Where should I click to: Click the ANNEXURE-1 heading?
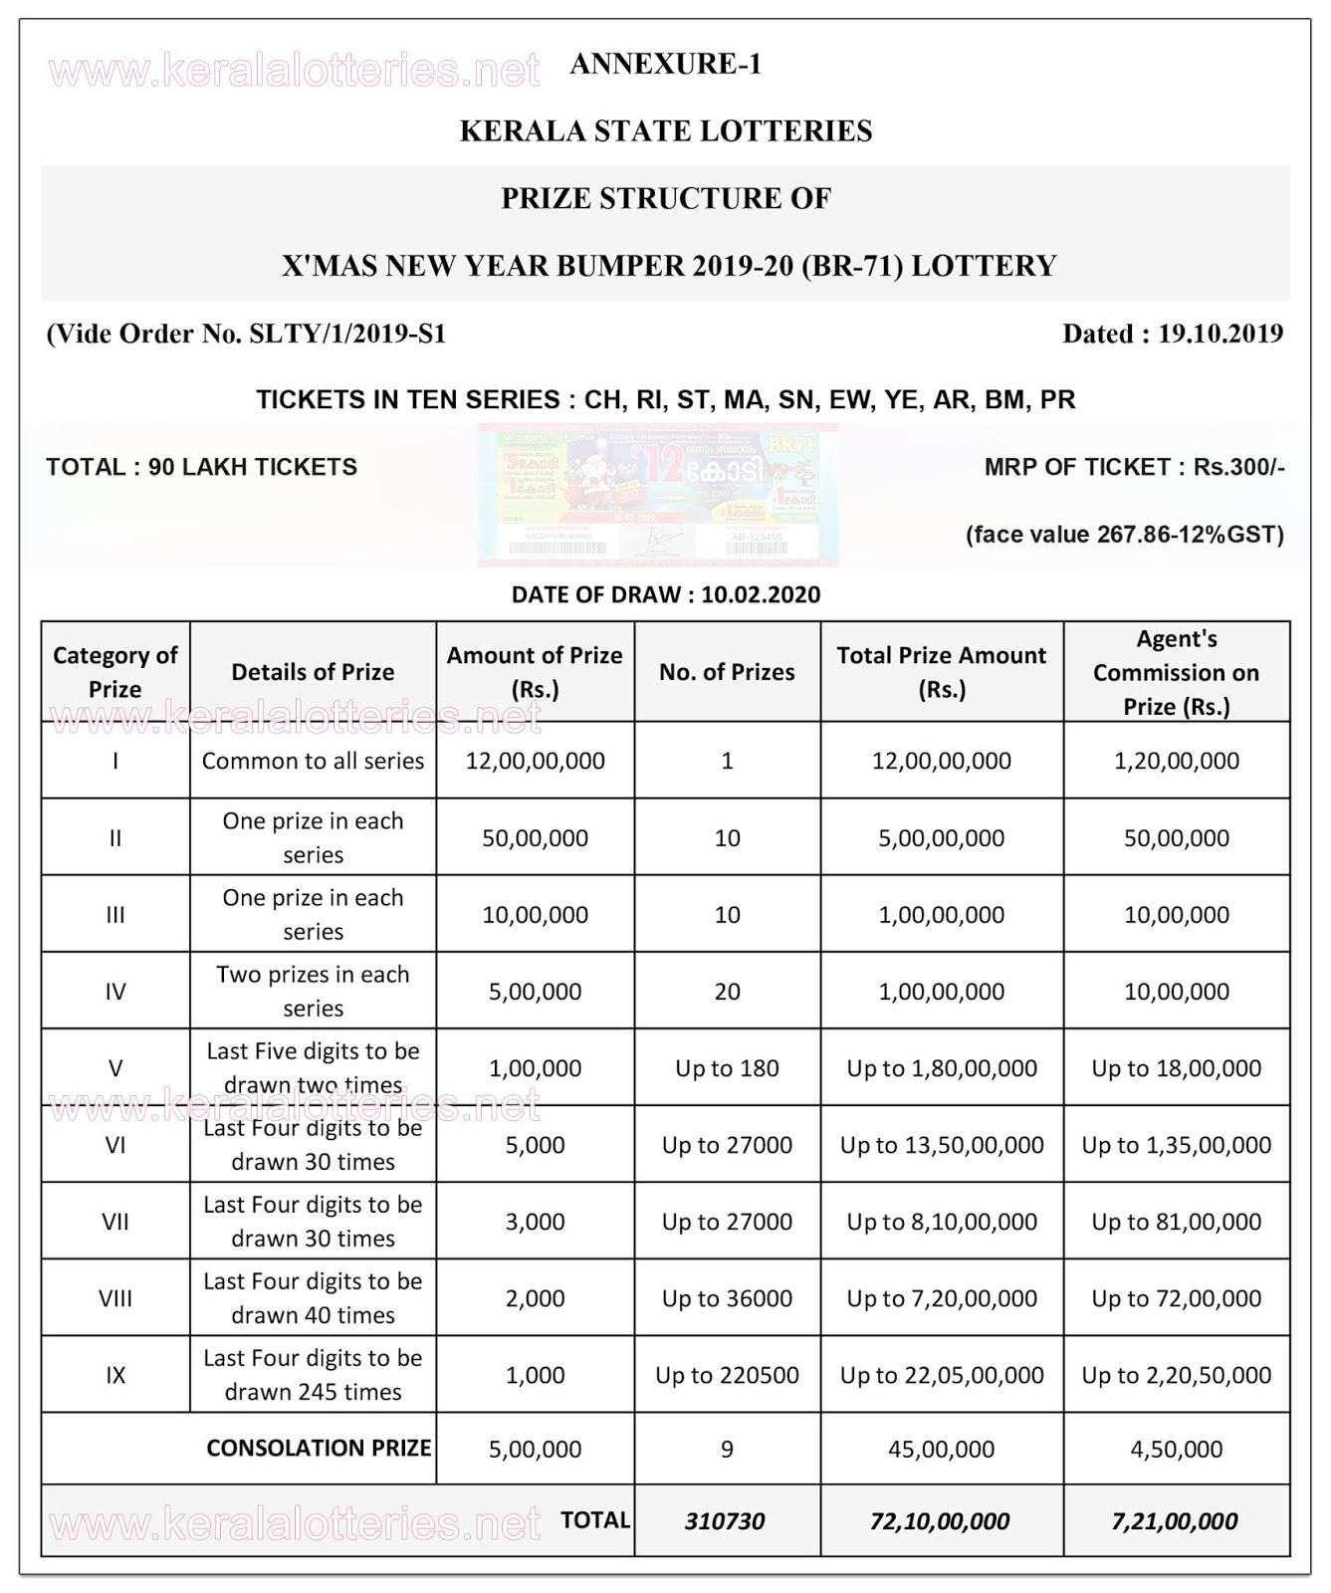(x=665, y=64)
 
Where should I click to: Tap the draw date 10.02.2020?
(x=761, y=594)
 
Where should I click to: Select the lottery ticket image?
(x=657, y=495)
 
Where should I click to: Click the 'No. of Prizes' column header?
(x=727, y=672)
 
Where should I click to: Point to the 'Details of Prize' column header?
(x=313, y=672)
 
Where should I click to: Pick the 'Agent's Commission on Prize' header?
(x=1176, y=672)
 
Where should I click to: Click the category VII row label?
(x=115, y=1222)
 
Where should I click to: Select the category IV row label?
(x=115, y=992)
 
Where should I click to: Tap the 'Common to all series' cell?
(x=313, y=761)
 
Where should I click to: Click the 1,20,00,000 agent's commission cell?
(x=1176, y=761)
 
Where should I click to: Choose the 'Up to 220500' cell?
(x=727, y=1375)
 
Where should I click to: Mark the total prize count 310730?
(x=725, y=1521)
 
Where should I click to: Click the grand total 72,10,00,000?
(x=941, y=1521)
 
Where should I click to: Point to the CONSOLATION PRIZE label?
(x=319, y=1448)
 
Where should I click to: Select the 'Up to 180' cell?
(x=727, y=1068)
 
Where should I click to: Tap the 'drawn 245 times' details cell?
(x=313, y=1375)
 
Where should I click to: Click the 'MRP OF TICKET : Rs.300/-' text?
(x=1134, y=467)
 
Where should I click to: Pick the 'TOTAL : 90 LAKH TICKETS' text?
(x=201, y=467)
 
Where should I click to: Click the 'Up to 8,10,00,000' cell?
(x=941, y=1222)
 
